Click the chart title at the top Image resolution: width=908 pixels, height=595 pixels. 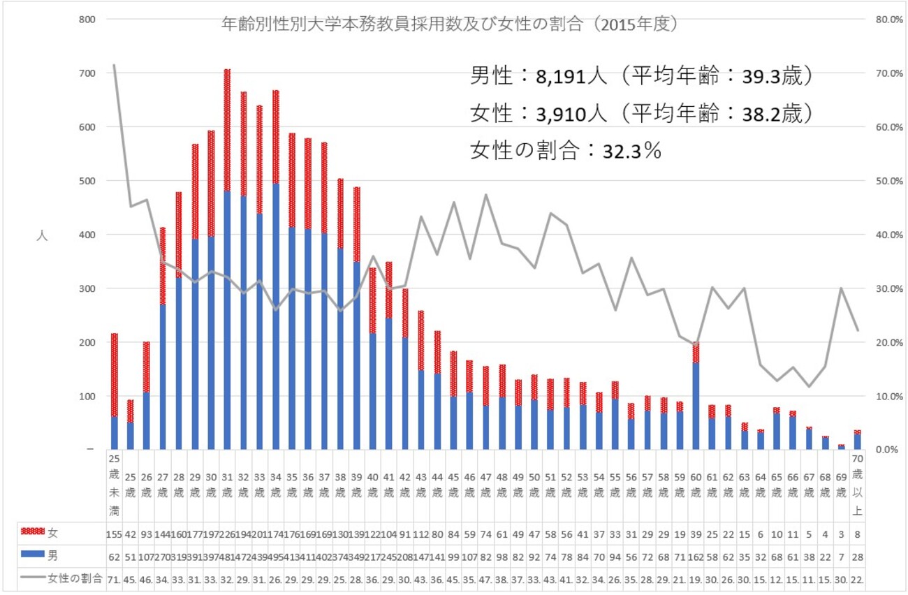[x=451, y=24]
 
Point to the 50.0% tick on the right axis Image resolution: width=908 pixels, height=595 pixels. [x=889, y=181]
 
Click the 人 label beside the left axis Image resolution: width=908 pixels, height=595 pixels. [x=42, y=235]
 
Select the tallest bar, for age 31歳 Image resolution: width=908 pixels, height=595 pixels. [x=227, y=279]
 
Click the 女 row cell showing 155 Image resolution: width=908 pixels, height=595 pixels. [x=115, y=534]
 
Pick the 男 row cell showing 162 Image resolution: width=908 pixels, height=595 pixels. [x=696, y=557]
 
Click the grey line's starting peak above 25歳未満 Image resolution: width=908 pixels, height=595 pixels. [x=114, y=66]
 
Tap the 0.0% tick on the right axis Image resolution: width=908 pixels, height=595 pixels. [x=888, y=450]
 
